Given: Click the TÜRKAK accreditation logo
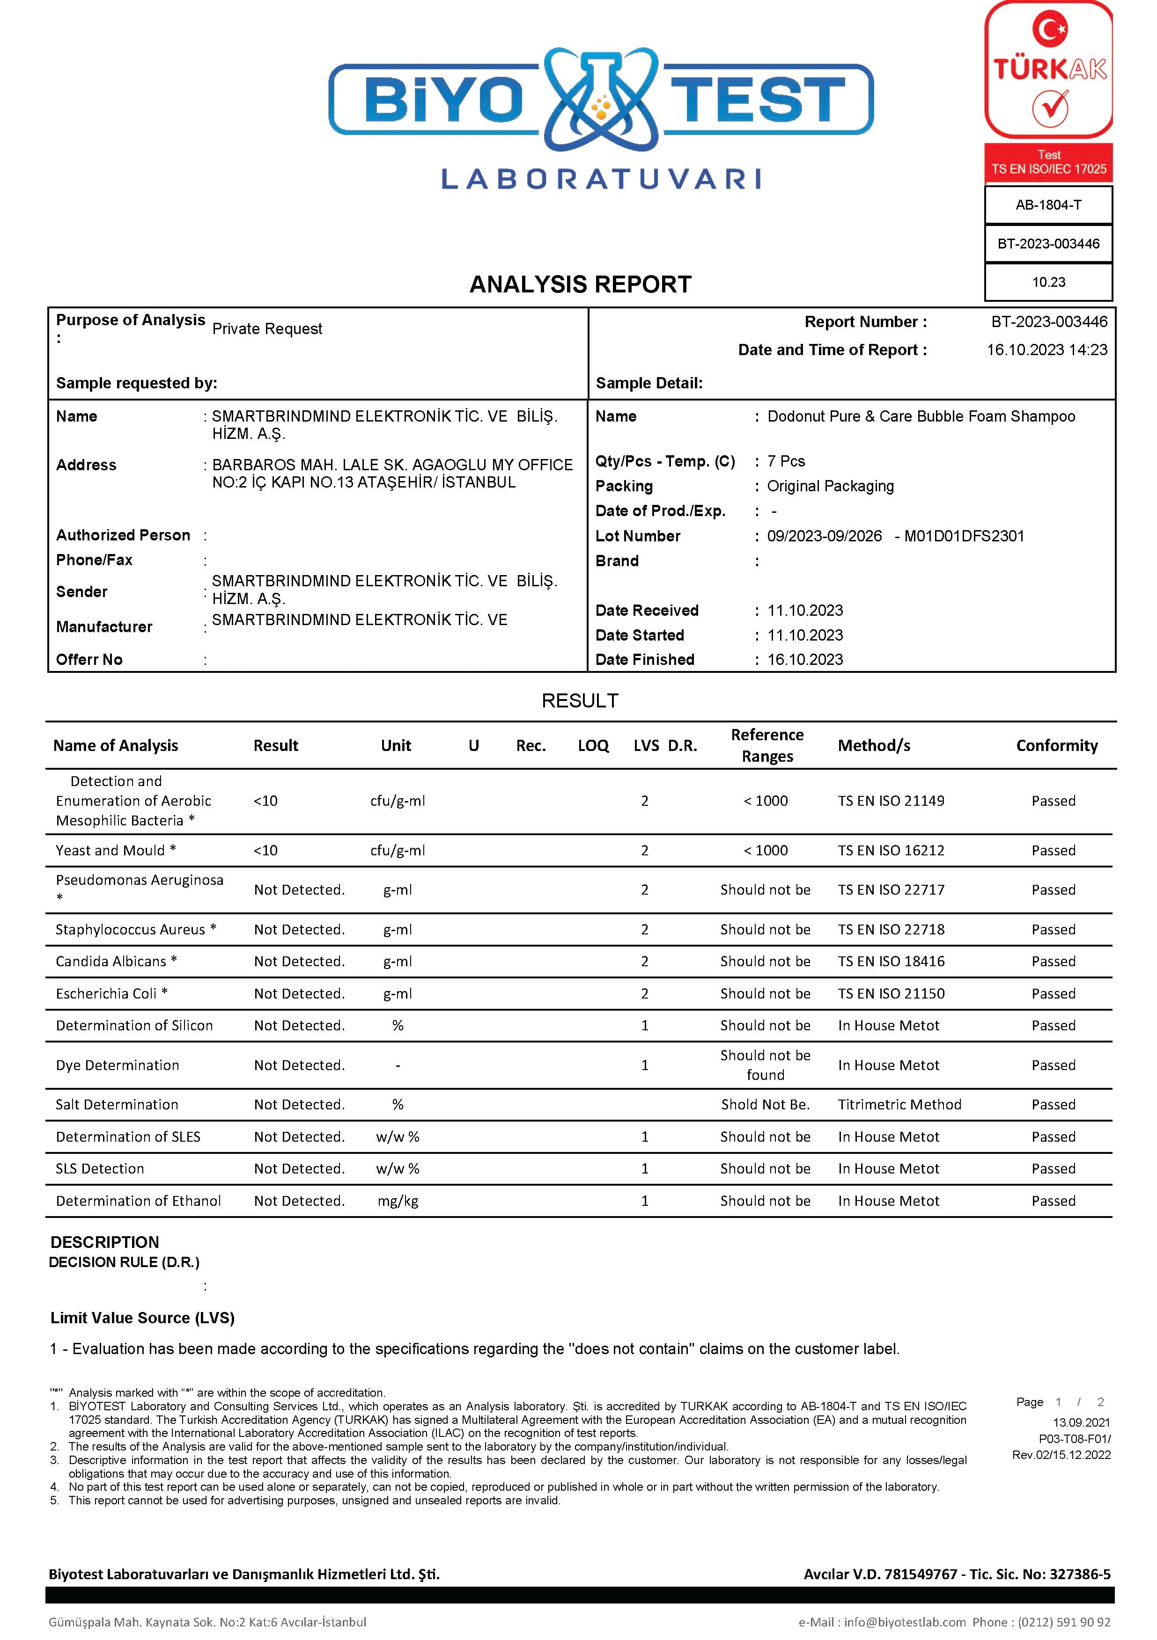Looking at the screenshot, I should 1048,72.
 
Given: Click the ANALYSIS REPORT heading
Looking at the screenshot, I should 580,284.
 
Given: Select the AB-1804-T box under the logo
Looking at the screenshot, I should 1048,205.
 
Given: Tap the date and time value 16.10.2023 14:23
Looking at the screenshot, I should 1047,350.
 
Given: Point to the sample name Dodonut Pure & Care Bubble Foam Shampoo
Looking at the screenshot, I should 921,416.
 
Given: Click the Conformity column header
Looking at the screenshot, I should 1056,746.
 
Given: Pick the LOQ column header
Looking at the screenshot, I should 593,746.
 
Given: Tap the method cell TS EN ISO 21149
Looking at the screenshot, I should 891,801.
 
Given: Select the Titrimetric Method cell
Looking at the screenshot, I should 899,1104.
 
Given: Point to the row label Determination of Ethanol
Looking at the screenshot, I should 138,1201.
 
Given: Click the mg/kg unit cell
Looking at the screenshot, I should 398,1201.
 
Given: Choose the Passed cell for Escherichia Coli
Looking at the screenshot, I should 1053,993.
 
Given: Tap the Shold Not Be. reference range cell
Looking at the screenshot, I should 765,1104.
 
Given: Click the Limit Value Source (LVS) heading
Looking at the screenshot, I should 142,1318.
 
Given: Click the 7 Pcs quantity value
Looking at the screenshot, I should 786,461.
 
